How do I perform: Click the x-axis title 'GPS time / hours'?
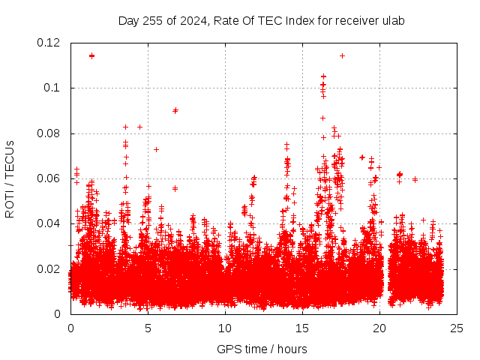click(x=262, y=349)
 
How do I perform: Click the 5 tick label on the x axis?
click(x=148, y=328)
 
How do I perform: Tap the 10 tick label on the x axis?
click(x=225, y=328)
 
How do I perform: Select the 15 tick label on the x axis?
click(x=302, y=328)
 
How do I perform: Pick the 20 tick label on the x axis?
click(x=379, y=328)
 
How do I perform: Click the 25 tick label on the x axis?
click(x=457, y=328)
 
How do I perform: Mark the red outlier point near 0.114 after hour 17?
click(x=342, y=55)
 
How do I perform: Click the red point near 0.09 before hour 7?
click(x=175, y=110)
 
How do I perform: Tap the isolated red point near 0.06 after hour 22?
click(x=415, y=179)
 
